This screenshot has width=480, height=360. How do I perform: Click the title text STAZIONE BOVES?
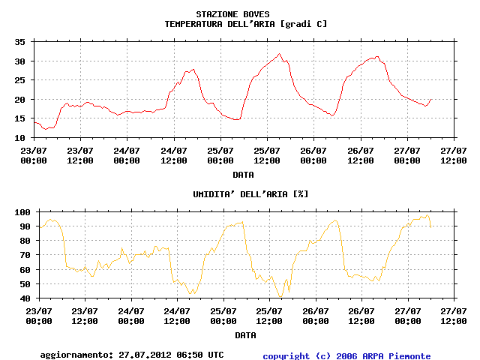[x=232, y=14]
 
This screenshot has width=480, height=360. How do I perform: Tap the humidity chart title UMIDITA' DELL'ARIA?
[x=239, y=194]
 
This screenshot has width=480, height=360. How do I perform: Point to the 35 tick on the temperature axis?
[x=20, y=42]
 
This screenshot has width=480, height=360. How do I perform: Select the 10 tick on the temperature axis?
[x=20, y=138]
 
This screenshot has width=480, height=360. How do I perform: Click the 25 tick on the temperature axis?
[x=20, y=80]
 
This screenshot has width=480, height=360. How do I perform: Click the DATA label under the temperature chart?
[x=242, y=175]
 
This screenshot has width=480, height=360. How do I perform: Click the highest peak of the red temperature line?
[x=280, y=54]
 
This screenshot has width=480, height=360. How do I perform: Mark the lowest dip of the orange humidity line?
[x=280, y=297]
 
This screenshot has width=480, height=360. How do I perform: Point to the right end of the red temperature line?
[x=431, y=99]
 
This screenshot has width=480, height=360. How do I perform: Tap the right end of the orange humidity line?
[x=430, y=226]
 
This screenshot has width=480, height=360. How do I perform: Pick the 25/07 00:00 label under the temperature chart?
[x=220, y=155]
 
